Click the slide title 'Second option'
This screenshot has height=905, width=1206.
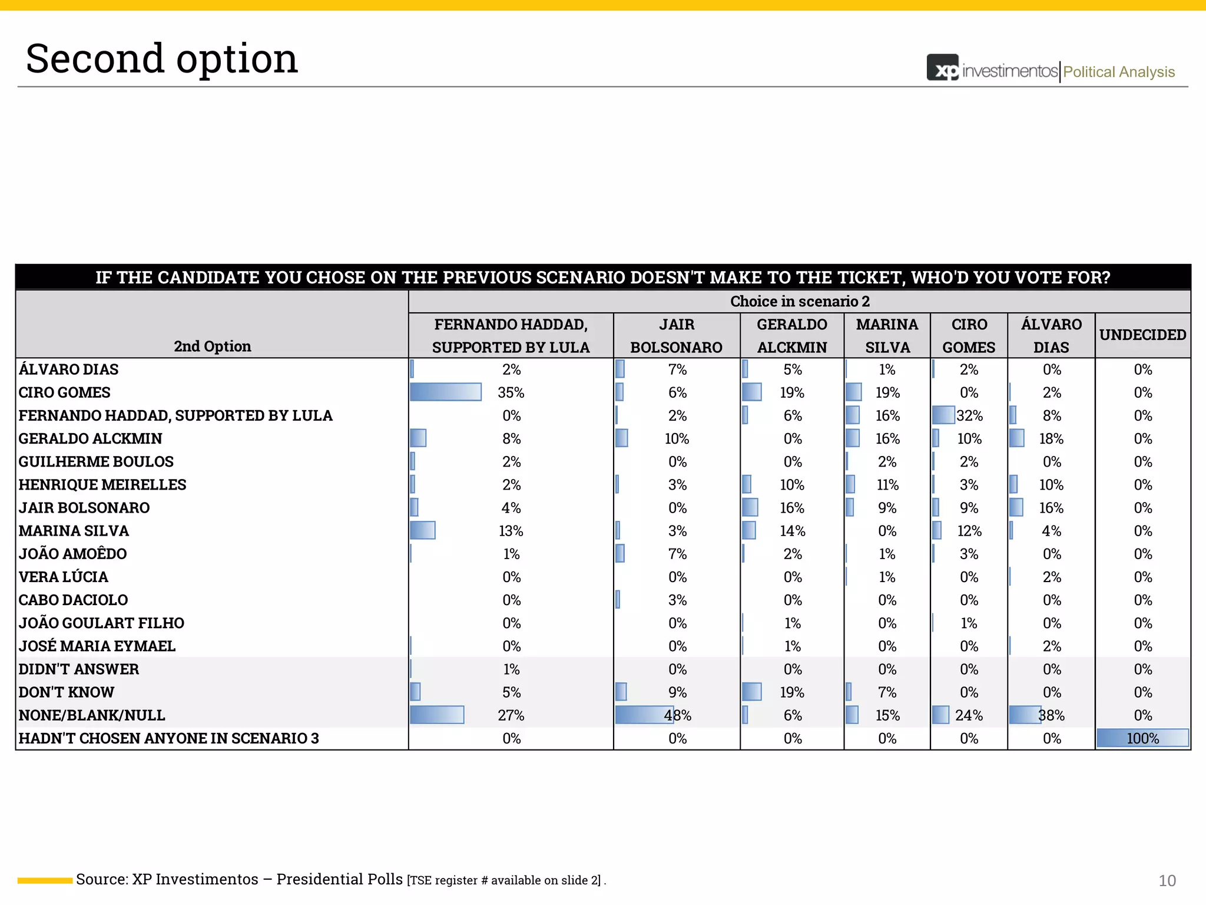click(x=162, y=59)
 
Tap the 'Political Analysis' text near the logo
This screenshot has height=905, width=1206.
click(x=1118, y=72)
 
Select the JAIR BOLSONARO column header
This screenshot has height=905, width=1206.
click(x=676, y=336)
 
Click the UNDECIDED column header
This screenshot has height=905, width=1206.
click(x=1142, y=335)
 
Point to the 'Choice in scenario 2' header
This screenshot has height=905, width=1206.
click(x=799, y=301)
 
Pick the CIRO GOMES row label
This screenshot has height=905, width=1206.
click(x=65, y=392)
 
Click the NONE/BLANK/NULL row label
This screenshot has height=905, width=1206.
click(x=92, y=715)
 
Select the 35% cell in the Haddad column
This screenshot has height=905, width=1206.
click(x=511, y=392)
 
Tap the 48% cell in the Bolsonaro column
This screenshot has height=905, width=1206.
click(x=677, y=715)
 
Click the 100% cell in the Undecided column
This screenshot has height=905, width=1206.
click(x=1142, y=738)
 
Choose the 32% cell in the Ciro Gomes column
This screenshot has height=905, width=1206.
click(x=969, y=415)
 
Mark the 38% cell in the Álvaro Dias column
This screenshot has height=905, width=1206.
click(x=1051, y=715)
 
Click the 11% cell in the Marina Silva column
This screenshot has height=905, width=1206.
click(x=887, y=484)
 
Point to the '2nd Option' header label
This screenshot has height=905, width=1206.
click(x=212, y=346)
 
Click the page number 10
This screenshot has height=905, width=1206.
click(x=1167, y=881)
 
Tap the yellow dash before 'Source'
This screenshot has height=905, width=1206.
click(x=45, y=880)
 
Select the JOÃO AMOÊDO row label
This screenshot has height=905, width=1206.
click(x=72, y=554)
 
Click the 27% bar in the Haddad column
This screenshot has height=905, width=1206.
click(x=437, y=715)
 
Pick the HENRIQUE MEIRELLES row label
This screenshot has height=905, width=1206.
click(x=102, y=484)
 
